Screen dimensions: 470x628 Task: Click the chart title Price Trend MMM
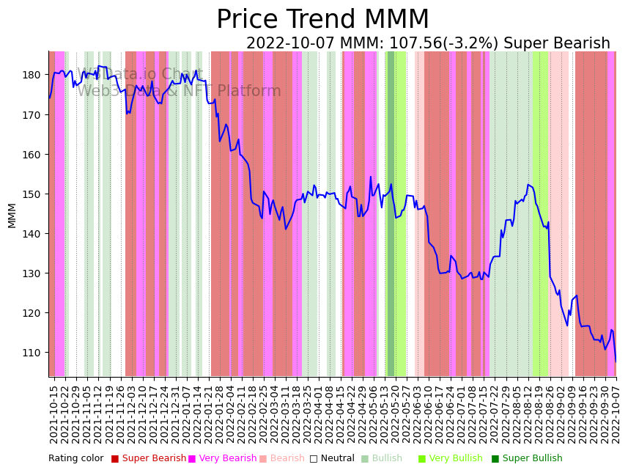point(322,20)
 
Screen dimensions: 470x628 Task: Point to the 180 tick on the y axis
point(32,75)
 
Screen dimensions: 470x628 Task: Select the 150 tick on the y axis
point(32,194)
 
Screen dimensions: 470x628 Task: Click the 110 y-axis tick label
point(32,353)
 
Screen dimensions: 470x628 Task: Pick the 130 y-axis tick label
point(32,273)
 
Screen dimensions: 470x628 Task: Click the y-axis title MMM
point(12,216)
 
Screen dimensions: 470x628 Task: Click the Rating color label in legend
point(76,459)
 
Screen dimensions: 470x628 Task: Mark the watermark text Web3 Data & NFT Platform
point(179,92)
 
